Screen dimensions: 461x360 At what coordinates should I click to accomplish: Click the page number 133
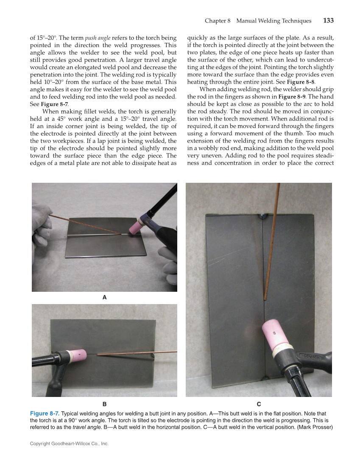[x=328, y=21]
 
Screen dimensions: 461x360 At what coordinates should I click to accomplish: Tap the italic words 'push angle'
[x=98, y=38]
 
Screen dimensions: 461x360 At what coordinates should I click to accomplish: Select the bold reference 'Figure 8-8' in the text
[x=301, y=82]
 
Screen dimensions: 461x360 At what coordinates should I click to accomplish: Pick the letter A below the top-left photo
[x=104, y=298]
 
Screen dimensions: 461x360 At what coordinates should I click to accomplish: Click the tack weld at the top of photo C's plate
[x=262, y=216]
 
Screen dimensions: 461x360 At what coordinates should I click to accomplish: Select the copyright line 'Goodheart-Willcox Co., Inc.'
[x=69, y=444]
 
